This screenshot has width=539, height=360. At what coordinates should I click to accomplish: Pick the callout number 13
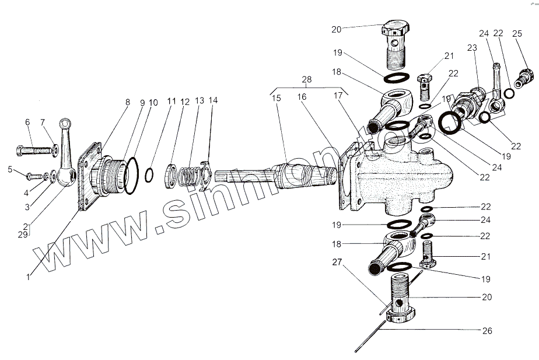pos(199,100)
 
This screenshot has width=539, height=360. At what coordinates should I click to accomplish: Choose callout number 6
pos(27,121)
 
